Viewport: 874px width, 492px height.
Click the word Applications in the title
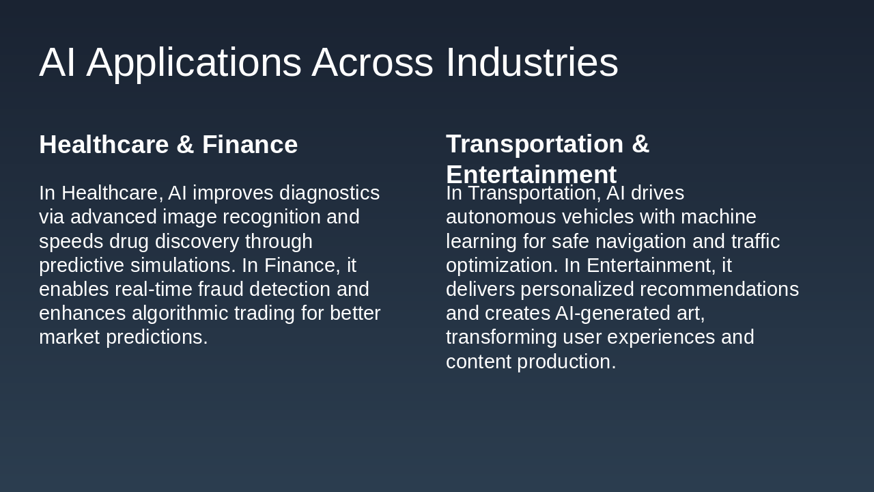[194, 63]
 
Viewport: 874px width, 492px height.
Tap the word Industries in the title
[532, 63]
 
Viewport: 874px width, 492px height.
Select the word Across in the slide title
[372, 63]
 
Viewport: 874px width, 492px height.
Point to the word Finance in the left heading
[250, 145]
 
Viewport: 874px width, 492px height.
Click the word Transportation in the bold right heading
[535, 144]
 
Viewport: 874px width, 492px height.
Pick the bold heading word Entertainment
[531, 175]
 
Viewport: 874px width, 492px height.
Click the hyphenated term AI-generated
[593, 314]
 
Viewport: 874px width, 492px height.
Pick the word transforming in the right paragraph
[501, 338]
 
